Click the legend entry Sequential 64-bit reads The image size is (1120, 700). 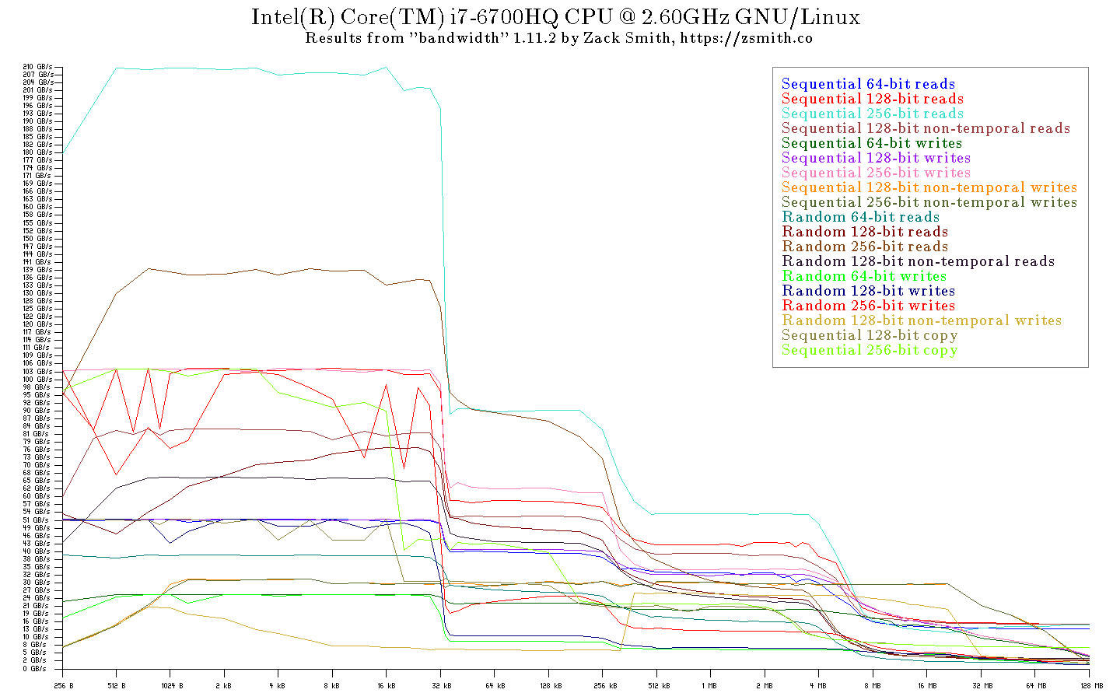(x=868, y=84)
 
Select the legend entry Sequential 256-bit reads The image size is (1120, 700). (x=872, y=114)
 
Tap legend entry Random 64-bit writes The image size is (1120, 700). (x=864, y=276)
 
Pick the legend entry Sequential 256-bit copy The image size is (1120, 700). (x=870, y=350)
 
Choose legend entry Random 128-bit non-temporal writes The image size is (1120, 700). (x=922, y=320)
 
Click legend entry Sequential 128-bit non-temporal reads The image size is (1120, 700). (x=926, y=128)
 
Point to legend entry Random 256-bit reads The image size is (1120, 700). (x=865, y=247)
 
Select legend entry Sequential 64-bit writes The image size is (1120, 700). (x=872, y=143)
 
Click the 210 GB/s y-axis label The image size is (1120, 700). (x=38, y=67)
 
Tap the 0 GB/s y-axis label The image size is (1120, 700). (x=34, y=668)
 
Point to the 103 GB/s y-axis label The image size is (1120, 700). (x=38, y=372)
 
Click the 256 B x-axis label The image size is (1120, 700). (x=63, y=686)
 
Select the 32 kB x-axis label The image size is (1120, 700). (x=441, y=686)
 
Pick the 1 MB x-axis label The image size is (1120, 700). (x=709, y=686)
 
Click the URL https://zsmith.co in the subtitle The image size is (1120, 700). (x=746, y=37)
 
